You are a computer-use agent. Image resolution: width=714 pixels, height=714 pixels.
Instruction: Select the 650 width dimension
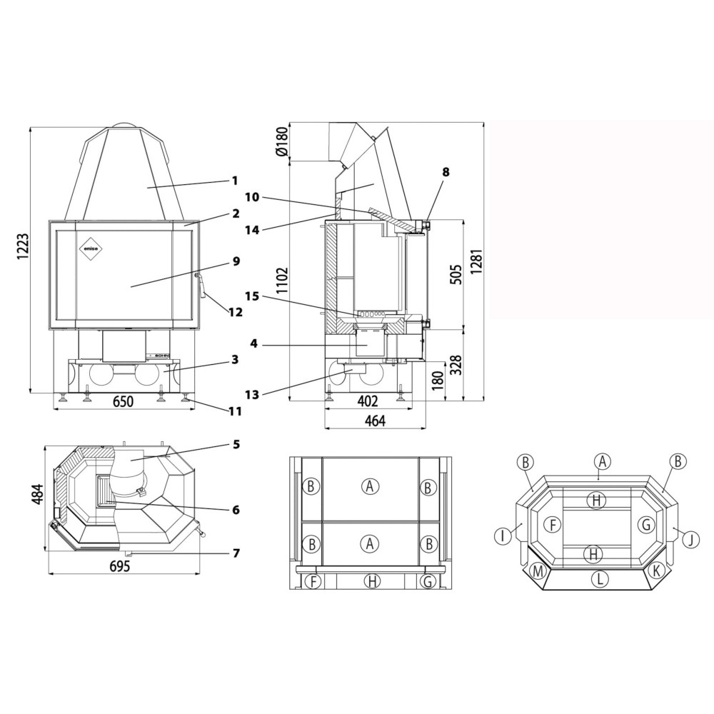tap(123, 401)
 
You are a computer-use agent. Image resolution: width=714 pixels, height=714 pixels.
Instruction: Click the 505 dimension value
tap(456, 274)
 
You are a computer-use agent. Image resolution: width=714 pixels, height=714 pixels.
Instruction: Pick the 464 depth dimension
tap(375, 421)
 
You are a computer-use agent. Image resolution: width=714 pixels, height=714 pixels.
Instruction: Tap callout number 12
tap(236, 313)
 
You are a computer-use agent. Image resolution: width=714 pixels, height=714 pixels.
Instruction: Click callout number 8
tap(446, 171)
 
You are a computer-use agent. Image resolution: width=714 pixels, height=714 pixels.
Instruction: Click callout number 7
tap(236, 553)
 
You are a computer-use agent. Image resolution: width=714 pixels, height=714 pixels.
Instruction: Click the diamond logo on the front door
tap(92, 248)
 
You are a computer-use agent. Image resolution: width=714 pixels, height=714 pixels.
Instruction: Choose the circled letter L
tap(600, 579)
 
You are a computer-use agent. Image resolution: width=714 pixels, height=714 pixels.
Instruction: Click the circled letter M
tap(538, 571)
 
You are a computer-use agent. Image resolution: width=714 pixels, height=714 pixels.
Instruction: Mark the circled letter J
tap(690, 540)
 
